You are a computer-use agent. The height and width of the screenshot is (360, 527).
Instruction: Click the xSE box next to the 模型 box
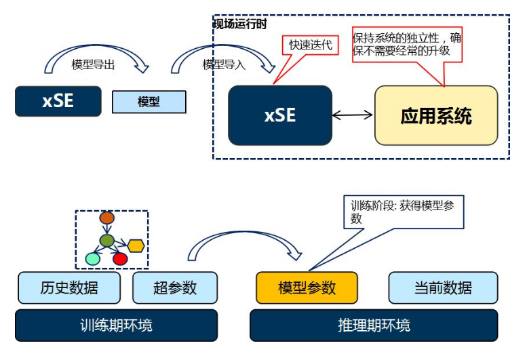pos(58,101)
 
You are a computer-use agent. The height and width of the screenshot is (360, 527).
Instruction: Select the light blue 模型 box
pos(149,102)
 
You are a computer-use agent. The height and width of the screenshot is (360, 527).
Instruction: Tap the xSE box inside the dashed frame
pos(280,115)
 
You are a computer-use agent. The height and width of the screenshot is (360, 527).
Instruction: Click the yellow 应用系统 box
pos(435,115)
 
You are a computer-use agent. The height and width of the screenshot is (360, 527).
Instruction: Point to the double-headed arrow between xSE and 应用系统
pos(353,115)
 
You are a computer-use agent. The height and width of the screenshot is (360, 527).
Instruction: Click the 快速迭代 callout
pos(311,45)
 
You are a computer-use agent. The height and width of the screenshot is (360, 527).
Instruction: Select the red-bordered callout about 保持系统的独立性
pos(406,44)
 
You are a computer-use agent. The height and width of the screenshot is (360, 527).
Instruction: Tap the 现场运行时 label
pos(240,24)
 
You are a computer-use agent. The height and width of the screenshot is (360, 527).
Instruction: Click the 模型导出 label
pos(93,64)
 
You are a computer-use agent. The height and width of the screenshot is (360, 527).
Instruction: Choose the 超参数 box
pos(174,287)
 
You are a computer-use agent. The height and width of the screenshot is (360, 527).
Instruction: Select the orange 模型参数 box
pos(307,287)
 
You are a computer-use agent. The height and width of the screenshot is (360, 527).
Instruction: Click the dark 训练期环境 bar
pos(116,325)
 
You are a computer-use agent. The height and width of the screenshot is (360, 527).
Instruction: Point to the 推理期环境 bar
pos(374,325)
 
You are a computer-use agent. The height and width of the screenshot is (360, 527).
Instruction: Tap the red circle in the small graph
pos(120,258)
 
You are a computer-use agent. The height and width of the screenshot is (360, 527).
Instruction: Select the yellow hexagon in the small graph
pos(136,245)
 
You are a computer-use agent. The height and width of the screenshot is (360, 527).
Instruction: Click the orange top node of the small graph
pos(106,218)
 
